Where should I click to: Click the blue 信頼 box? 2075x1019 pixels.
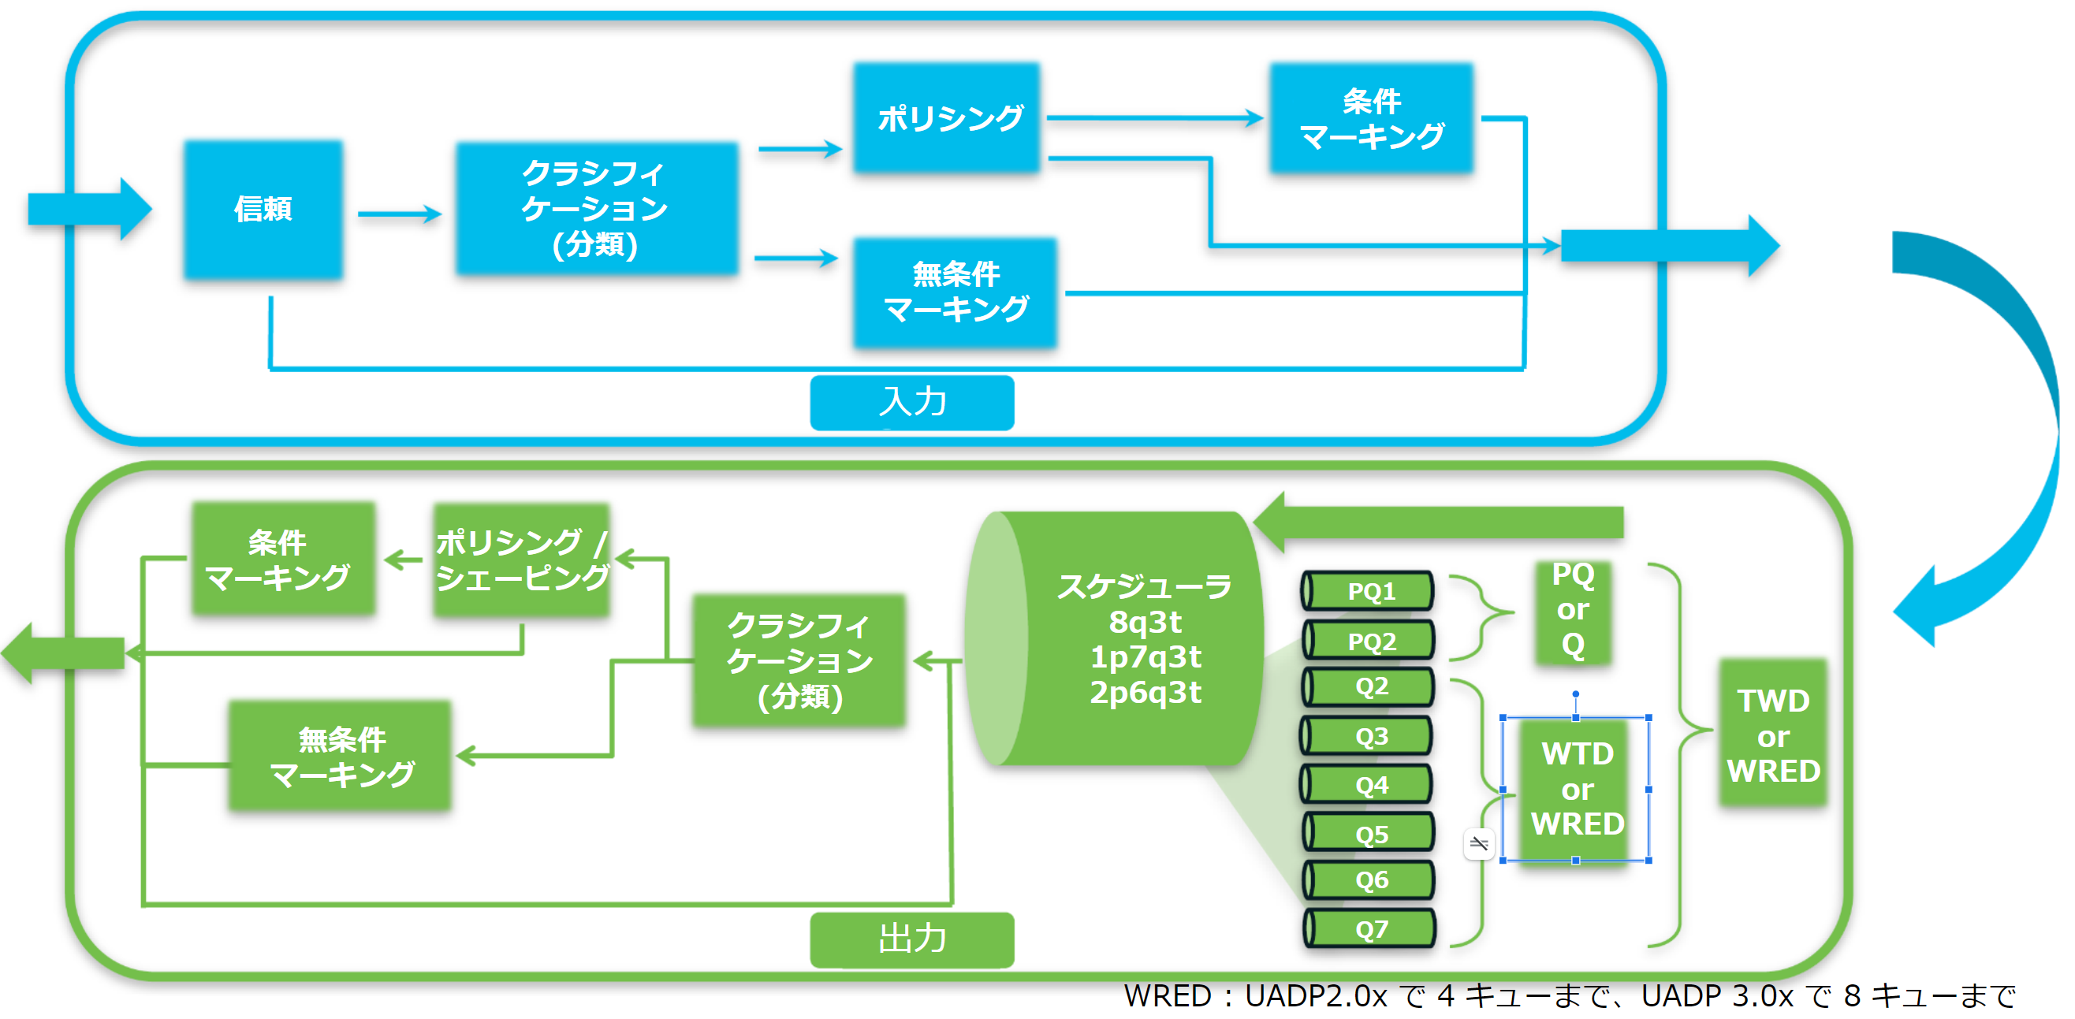[x=263, y=210]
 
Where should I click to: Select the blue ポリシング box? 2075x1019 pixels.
[x=948, y=117]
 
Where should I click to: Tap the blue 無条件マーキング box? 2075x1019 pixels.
[x=956, y=292]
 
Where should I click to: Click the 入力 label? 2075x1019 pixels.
[x=912, y=402]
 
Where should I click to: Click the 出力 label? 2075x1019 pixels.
[x=912, y=939]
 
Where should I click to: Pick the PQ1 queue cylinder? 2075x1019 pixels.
[x=1369, y=591]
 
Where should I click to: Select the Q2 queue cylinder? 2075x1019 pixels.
[x=1369, y=686]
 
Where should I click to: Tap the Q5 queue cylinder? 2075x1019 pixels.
[x=1369, y=834]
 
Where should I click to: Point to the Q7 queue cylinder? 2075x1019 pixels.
[x=1369, y=929]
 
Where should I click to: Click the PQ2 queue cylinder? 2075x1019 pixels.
[x=1369, y=642]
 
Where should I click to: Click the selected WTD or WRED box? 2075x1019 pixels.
[x=1577, y=790]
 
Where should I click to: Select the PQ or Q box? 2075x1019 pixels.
[x=1572, y=611]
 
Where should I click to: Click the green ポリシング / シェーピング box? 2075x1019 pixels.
[x=522, y=560]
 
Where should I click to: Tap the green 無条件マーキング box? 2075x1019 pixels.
[x=341, y=757]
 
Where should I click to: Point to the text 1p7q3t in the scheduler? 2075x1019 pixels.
[x=1145, y=657]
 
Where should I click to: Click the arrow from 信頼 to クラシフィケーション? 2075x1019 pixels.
[x=400, y=214]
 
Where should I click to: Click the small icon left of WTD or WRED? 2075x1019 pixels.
[x=1479, y=843]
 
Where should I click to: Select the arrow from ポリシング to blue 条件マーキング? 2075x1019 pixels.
[x=1155, y=118]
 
